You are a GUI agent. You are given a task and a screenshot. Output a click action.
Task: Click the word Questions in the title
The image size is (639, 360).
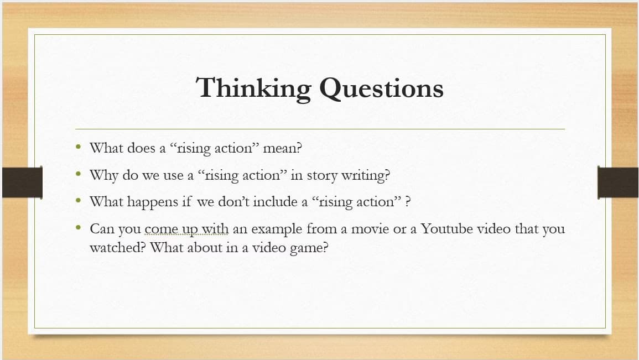click(x=382, y=89)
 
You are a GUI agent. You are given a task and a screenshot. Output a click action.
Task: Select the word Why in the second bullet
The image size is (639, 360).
click(x=103, y=175)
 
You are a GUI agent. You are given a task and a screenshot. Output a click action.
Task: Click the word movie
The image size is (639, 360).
click(x=370, y=228)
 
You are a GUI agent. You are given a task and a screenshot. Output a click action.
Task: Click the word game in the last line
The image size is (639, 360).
click(x=310, y=248)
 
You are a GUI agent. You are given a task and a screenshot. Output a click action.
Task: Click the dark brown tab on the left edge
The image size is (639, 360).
click(x=22, y=182)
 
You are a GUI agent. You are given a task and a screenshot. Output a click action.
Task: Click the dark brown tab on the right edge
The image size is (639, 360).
click(x=618, y=182)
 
